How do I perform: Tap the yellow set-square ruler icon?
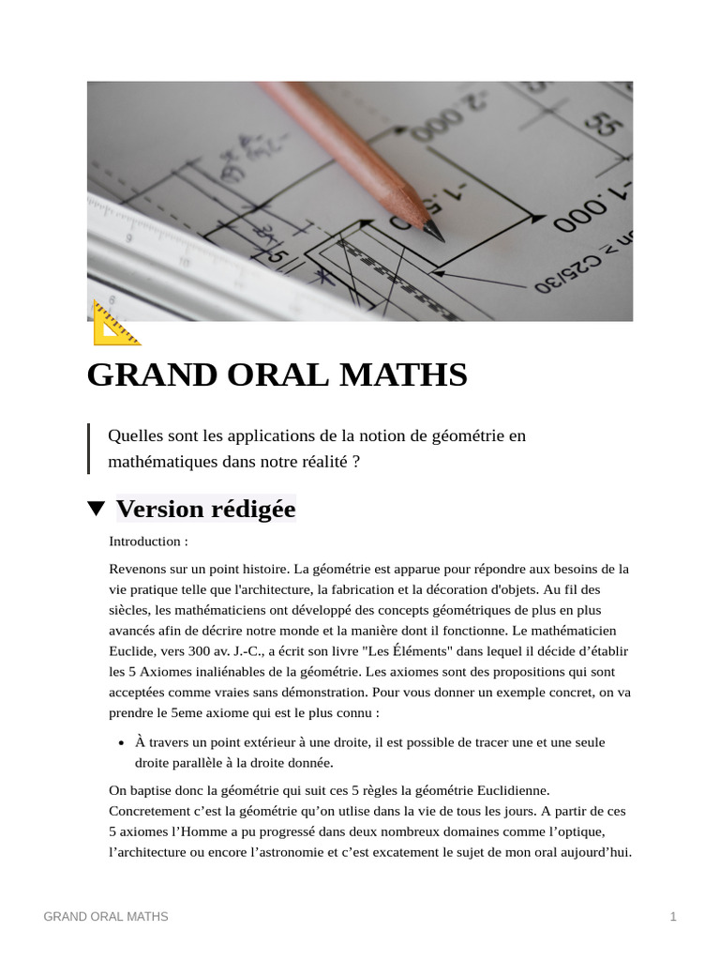point(115,324)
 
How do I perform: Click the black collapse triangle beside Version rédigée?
point(96,509)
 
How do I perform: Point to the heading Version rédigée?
point(205,509)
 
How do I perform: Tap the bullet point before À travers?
point(122,742)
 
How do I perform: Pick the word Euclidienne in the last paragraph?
point(508,790)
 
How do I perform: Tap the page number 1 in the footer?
point(673,916)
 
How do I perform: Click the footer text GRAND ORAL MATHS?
point(106,916)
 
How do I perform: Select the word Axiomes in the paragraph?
point(151,672)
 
